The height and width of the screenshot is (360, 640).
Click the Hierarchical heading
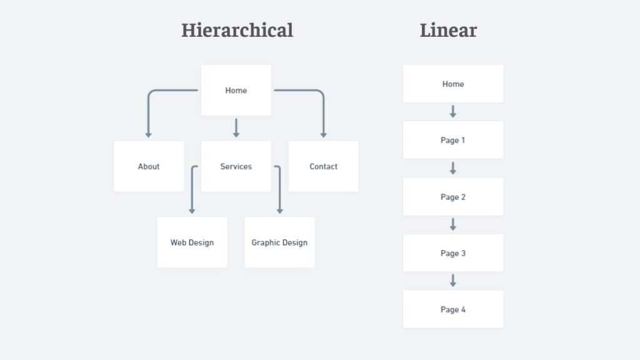click(x=237, y=31)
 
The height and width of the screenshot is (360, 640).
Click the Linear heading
click(x=448, y=31)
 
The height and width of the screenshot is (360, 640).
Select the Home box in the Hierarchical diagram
click(x=236, y=90)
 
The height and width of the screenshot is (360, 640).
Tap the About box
click(x=149, y=166)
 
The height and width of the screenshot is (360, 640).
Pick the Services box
click(x=236, y=166)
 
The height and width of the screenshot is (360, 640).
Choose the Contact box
click(x=323, y=166)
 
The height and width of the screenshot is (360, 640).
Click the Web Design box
click(x=192, y=242)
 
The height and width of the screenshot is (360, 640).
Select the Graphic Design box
click(x=279, y=242)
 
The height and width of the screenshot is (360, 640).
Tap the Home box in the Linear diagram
click(x=453, y=84)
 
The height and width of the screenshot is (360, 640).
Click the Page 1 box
click(x=453, y=140)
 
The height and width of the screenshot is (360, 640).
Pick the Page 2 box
click(x=453, y=197)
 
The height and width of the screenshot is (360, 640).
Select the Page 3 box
click(x=453, y=253)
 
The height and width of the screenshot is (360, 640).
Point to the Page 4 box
click(x=453, y=309)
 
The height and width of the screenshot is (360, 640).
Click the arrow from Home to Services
click(x=236, y=127)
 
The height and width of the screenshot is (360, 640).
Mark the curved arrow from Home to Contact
click(x=320, y=91)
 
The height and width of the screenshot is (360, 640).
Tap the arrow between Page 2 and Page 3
click(x=453, y=224)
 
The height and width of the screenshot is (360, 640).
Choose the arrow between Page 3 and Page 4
click(x=453, y=281)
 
